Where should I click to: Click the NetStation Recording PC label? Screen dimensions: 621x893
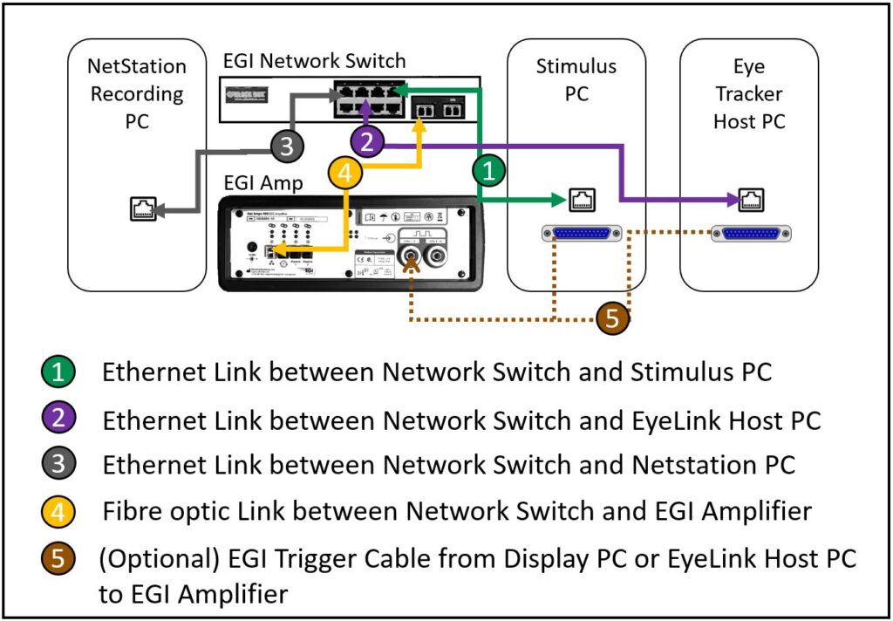(137, 93)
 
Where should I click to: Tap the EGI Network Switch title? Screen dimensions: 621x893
(314, 60)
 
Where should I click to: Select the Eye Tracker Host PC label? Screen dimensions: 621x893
(749, 93)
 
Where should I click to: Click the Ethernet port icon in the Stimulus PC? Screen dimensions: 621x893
(583, 201)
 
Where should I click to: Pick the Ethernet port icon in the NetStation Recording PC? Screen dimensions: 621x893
(143, 208)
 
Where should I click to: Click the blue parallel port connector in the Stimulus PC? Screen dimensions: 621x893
(583, 234)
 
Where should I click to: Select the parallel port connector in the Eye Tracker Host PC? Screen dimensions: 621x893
(752, 234)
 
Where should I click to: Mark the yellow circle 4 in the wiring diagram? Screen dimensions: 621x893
(345, 174)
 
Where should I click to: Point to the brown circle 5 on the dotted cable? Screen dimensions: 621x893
(612, 318)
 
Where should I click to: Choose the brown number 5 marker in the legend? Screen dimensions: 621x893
(58, 559)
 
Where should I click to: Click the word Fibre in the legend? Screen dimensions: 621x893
(129, 511)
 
